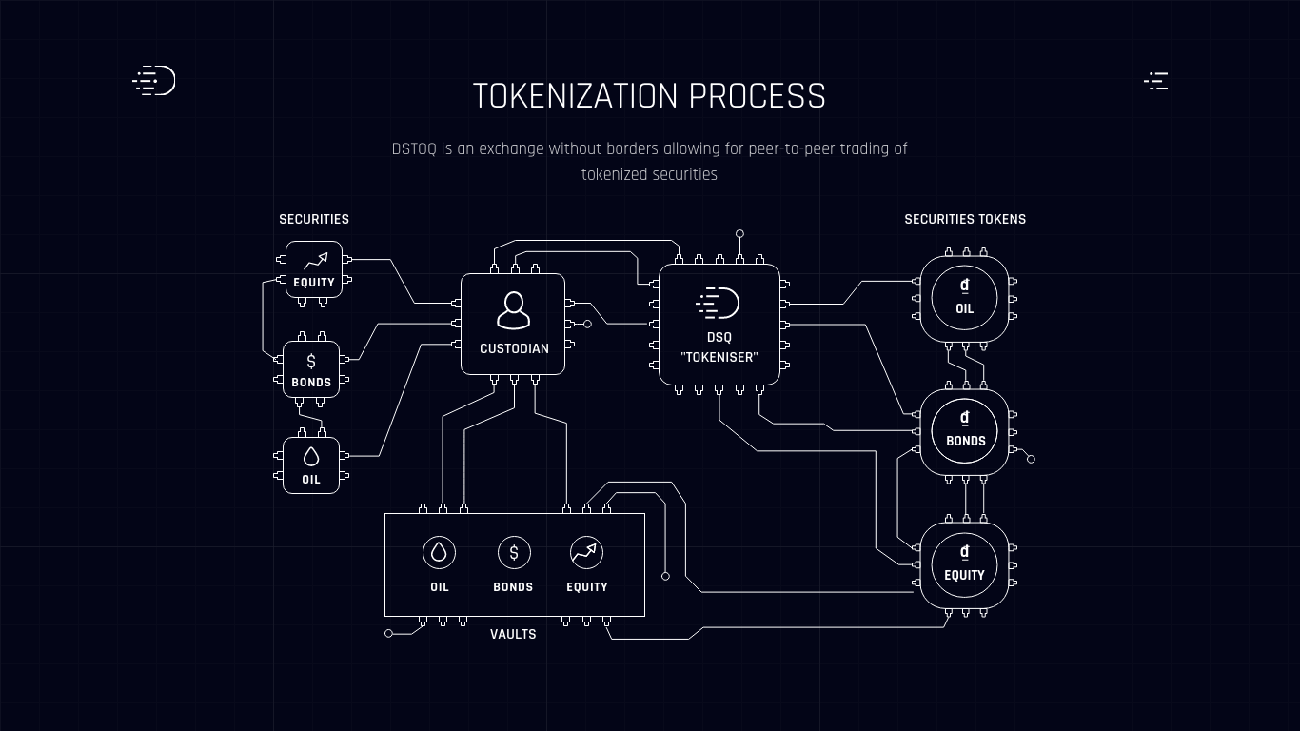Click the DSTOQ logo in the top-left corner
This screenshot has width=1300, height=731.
coord(154,80)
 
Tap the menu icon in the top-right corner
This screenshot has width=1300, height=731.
coord(1156,81)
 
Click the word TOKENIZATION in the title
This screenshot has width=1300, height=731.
coord(575,96)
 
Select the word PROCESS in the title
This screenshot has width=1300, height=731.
coord(758,96)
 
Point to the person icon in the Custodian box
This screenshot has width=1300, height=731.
coord(514,310)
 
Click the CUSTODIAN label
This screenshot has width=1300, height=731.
coord(514,348)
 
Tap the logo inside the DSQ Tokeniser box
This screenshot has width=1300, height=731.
coord(718,303)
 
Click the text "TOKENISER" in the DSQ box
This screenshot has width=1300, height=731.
coord(719,357)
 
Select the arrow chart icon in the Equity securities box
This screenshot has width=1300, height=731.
coord(316,261)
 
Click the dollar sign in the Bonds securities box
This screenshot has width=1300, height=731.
coord(311,362)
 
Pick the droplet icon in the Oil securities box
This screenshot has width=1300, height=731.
coord(311,457)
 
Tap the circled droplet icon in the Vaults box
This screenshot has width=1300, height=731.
coord(440,552)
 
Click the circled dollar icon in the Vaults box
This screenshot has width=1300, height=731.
coord(514,552)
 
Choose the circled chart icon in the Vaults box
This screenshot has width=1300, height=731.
coord(587,552)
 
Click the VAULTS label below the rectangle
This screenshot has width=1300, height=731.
coord(513,634)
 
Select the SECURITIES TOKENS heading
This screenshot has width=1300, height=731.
coord(965,220)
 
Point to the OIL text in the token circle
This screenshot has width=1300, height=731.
coord(965,309)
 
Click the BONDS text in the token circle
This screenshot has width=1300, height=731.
coord(966,442)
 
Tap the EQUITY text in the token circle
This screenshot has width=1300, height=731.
coord(965,576)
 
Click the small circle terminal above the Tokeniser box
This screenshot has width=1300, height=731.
coord(739,233)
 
